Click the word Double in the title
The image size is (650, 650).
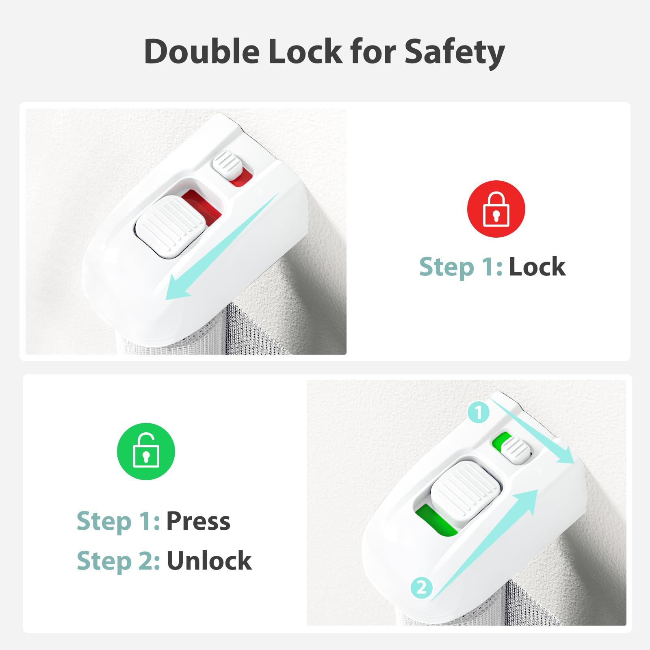point(202,51)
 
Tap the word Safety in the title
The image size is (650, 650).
point(455,53)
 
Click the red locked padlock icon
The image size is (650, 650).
point(496,209)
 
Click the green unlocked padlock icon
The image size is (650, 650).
point(146,451)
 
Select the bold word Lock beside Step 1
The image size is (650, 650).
point(537,267)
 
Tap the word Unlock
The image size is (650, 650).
point(209,561)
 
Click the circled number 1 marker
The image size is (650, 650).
point(479,413)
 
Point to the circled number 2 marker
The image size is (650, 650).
point(422,587)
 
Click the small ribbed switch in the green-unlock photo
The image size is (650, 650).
point(516,450)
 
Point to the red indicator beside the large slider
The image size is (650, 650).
point(202,205)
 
